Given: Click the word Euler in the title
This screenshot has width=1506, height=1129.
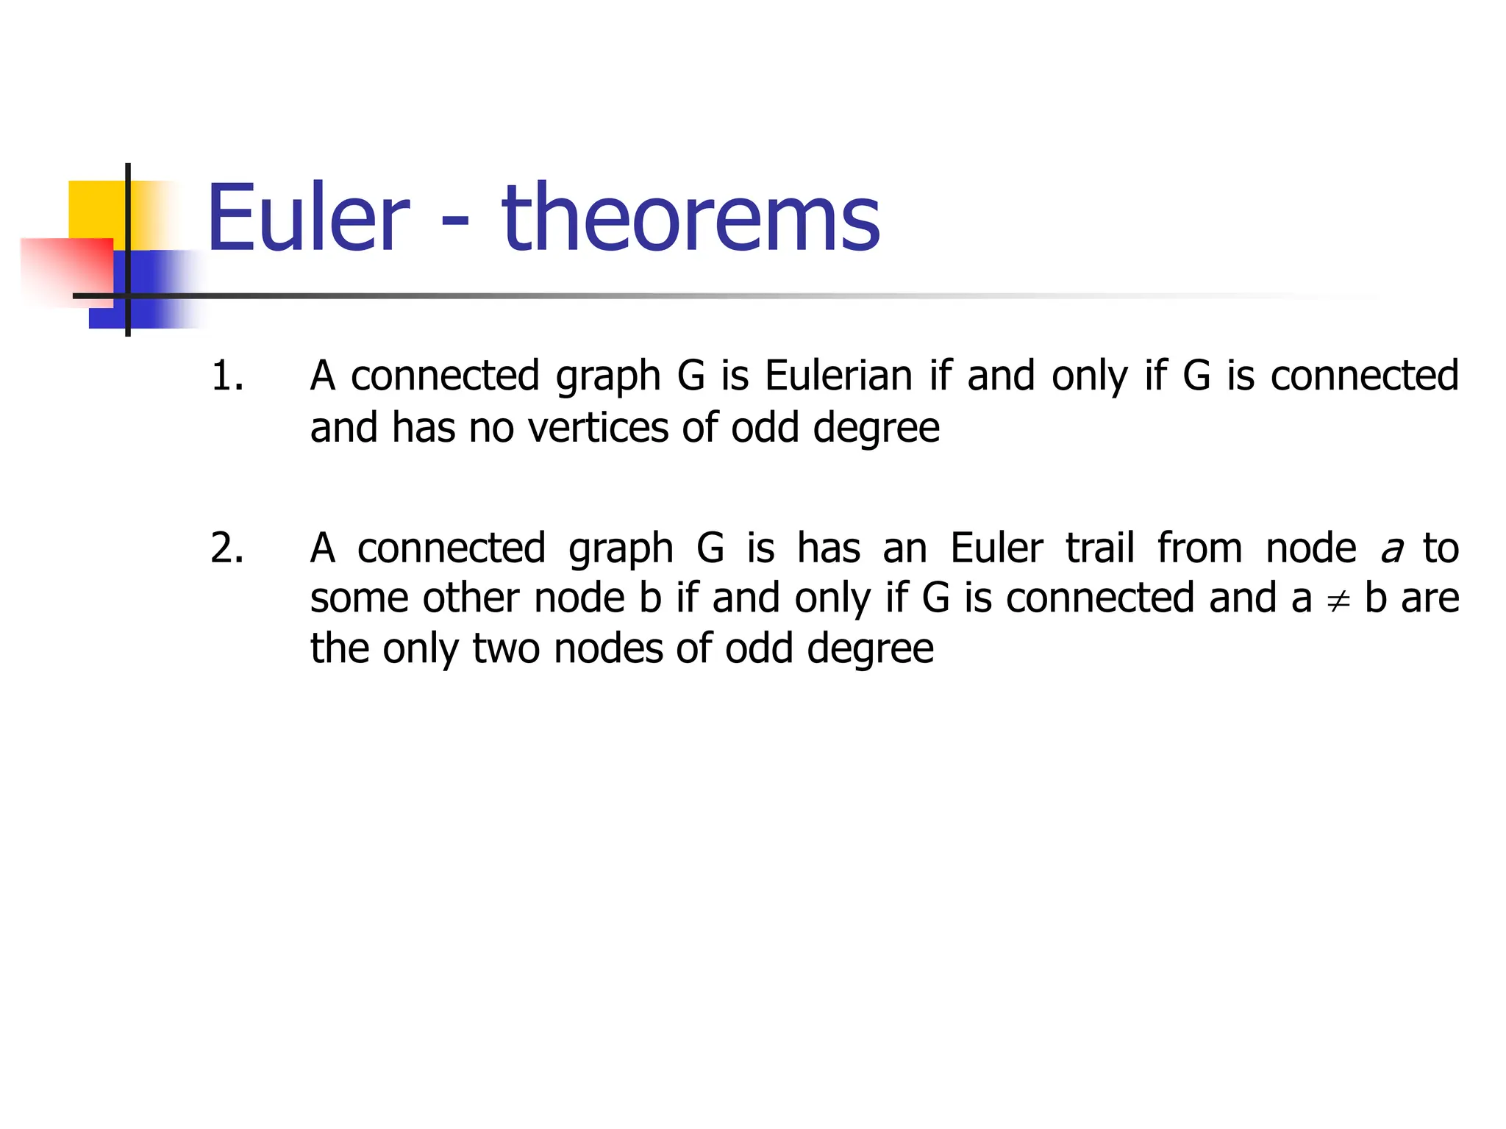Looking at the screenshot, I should tap(307, 218).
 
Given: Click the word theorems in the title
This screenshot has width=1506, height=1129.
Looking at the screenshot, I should tap(690, 218).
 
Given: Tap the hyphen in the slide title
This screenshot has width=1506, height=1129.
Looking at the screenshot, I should tap(455, 221).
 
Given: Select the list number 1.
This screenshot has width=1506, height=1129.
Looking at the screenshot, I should tap(227, 376).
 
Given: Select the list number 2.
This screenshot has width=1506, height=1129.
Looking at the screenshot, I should tap(227, 548).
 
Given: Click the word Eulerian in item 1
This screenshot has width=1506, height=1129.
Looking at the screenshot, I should tap(838, 376).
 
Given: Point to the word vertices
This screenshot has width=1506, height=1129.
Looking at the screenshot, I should tap(598, 428).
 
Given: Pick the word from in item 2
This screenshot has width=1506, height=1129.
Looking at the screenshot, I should tap(1199, 548).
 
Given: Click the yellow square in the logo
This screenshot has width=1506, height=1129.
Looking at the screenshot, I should tap(96, 209).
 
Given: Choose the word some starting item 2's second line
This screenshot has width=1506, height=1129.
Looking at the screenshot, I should tap(359, 598).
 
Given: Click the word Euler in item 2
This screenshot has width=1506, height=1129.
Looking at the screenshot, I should tap(996, 548).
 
